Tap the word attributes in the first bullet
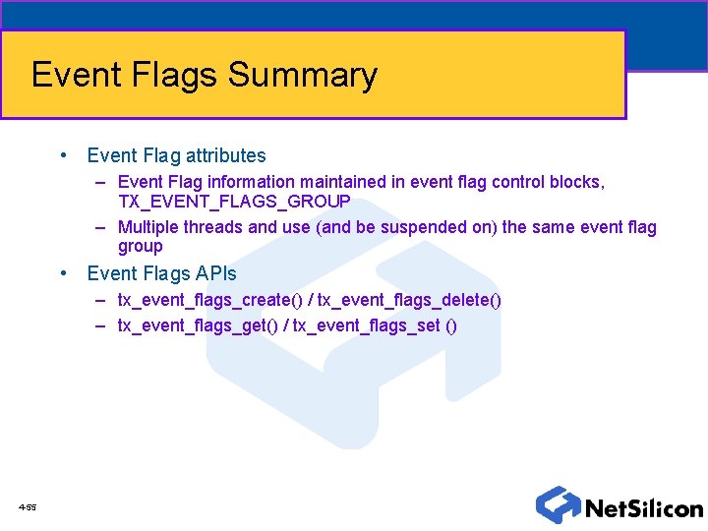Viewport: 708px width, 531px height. [x=226, y=155]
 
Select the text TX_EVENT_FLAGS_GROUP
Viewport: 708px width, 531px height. [x=234, y=202]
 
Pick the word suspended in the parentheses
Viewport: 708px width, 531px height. [x=449, y=227]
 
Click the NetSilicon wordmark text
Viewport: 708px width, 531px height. [x=644, y=508]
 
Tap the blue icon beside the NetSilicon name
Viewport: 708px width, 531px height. [x=558, y=504]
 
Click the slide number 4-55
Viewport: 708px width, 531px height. [x=27, y=507]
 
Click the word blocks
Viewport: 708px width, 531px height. [x=578, y=182]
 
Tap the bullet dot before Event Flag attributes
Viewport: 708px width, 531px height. [x=63, y=155]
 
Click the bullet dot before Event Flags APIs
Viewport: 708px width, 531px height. [x=63, y=273]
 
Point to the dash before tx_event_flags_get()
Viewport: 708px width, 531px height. [x=101, y=325]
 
